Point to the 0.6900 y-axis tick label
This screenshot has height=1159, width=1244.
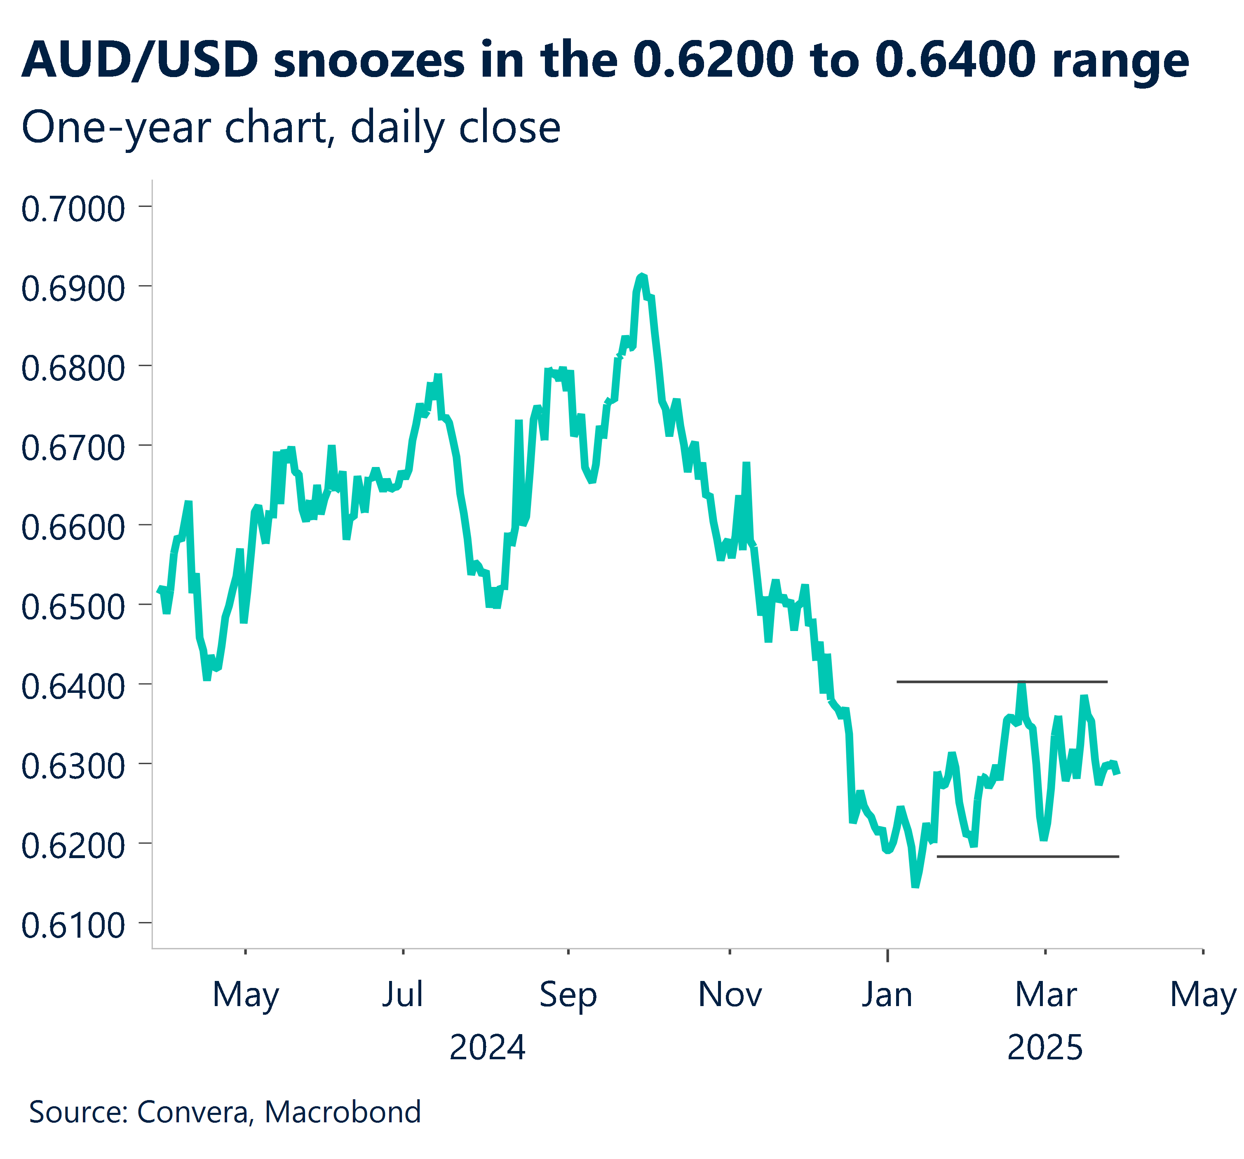point(73,289)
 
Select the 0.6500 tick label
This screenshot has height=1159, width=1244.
point(73,607)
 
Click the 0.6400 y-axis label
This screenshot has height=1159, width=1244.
point(73,687)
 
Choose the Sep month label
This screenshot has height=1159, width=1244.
point(568,995)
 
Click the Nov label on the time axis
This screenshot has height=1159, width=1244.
point(730,995)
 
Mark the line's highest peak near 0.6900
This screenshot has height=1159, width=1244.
point(641,276)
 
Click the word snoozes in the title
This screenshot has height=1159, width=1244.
point(369,61)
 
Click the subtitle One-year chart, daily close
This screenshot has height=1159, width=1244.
point(291,128)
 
